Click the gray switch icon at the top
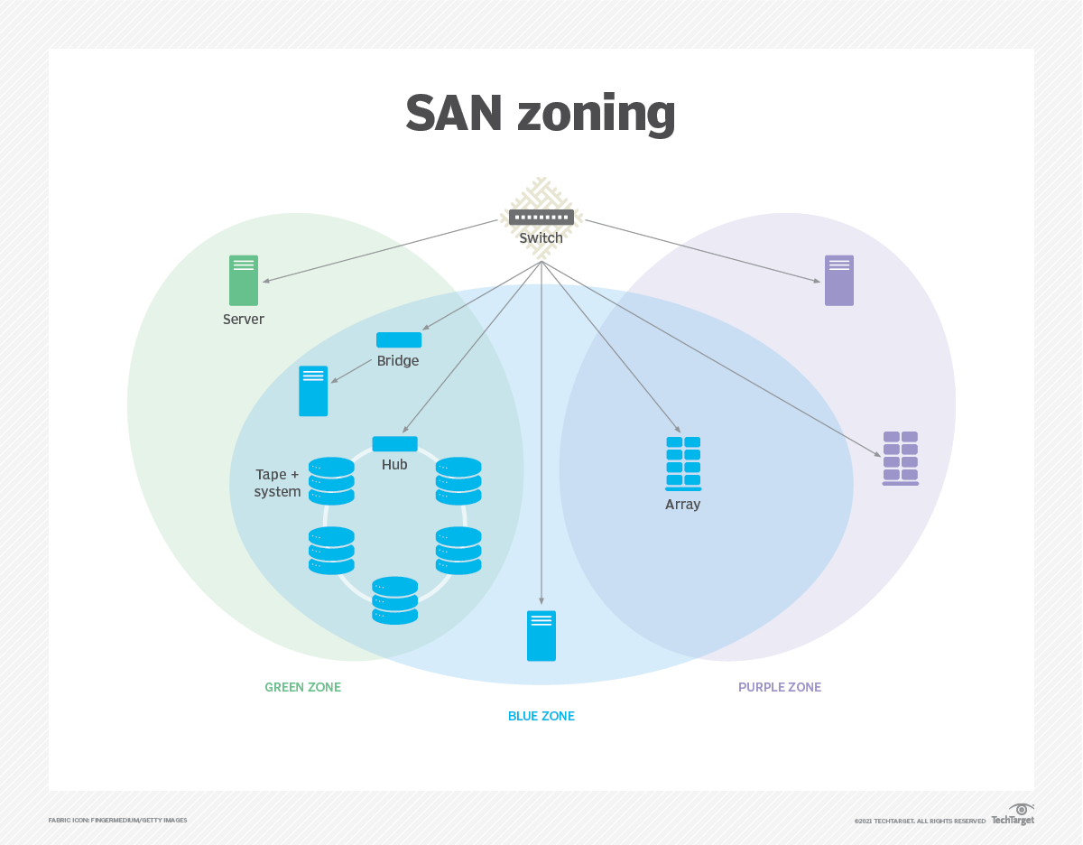[x=541, y=217]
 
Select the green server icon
[x=244, y=280]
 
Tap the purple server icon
[x=839, y=280]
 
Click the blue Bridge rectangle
[x=399, y=340]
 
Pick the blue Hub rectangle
[x=394, y=444]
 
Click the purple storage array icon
[x=900, y=459]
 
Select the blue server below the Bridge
[x=313, y=391]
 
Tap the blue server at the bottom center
[x=541, y=636]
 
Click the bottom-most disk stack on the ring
[x=395, y=600]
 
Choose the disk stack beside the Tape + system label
[x=331, y=481]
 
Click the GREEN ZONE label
[x=302, y=687]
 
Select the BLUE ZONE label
[x=541, y=716]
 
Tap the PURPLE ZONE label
[x=780, y=687]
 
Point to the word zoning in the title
[x=596, y=115]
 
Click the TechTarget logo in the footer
[x=1013, y=815]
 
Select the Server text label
[x=244, y=320]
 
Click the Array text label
[x=683, y=505]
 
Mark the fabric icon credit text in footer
[x=118, y=820]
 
